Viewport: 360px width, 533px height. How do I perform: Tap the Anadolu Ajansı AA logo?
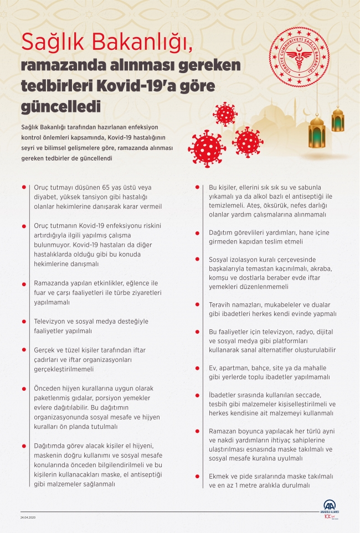coord(331,509)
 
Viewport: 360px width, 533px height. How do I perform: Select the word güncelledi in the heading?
coord(61,105)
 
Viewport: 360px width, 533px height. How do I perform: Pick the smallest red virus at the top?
coord(225,114)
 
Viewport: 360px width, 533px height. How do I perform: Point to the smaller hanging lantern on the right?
coord(338,118)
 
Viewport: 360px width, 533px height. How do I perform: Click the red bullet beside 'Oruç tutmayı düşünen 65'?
coord(23,188)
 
